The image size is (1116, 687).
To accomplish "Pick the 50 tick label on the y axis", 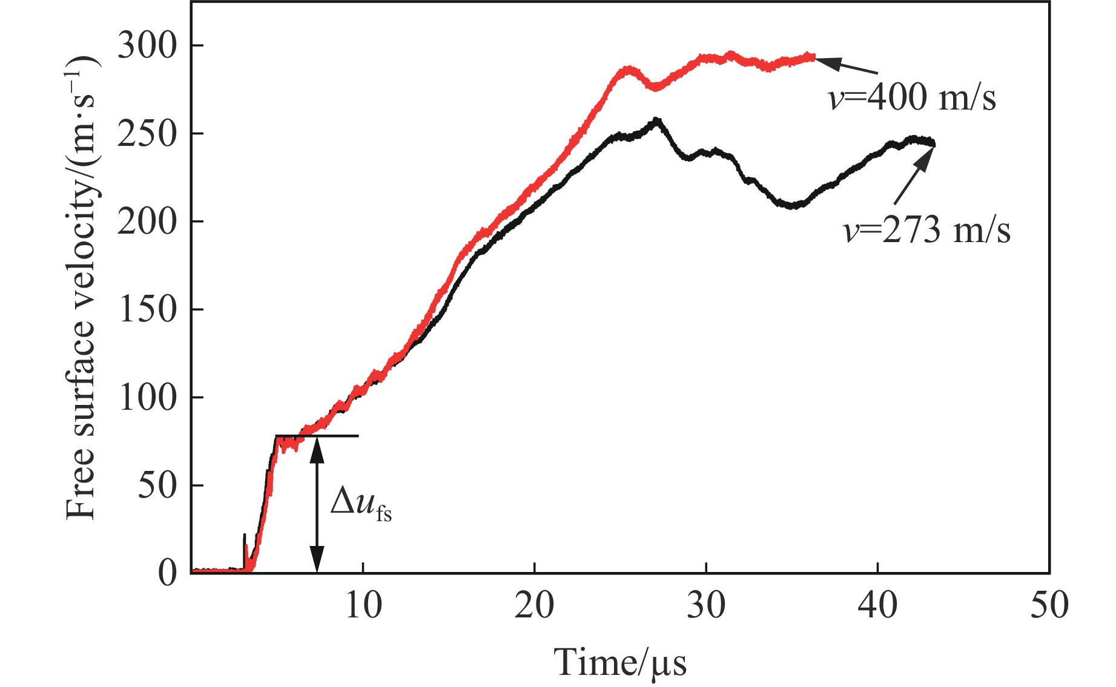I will [x=157, y=485].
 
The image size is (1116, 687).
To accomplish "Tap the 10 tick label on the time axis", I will [x=363, y=605].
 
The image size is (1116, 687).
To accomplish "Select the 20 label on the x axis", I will [x=535, y=605].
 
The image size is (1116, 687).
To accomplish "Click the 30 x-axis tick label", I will [x=706, y=605].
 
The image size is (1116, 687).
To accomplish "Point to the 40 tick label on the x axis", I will [x=877, y=605].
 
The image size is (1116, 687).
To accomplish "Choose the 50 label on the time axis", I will [x=1049, y=605].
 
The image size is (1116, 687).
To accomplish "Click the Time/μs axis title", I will [x=620, y=663].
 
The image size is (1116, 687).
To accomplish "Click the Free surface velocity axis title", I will [x=82, y=288].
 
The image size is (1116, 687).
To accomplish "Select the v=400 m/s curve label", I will [x=912, y=97].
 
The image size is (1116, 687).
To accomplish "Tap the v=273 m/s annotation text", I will [x=927, y=231].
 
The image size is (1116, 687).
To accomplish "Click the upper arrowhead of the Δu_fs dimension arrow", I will [x=317, y=448].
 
